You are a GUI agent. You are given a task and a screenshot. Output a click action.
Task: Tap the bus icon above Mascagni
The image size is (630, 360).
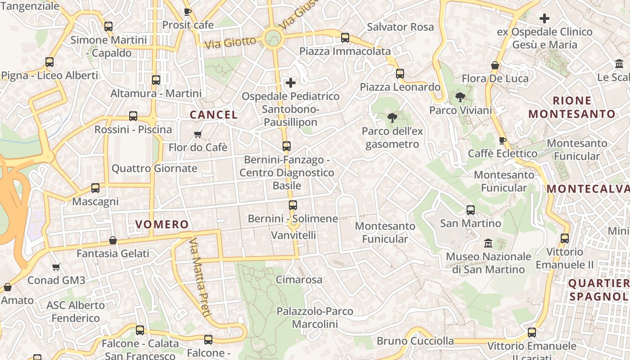95,188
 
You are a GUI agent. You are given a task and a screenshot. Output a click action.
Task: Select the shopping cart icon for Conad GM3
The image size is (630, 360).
56,267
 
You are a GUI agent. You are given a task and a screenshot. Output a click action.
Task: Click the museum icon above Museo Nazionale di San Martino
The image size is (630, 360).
488,243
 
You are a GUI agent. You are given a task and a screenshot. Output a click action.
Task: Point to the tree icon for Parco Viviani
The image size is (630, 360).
460,97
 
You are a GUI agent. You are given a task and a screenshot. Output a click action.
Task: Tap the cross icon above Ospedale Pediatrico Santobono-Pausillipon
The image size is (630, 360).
291,83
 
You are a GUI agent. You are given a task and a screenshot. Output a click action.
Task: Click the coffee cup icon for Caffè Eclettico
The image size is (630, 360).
503,140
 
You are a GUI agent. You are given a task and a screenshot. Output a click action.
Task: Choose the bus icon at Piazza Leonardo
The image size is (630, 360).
400,74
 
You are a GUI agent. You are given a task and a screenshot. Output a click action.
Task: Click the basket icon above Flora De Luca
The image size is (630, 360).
495,66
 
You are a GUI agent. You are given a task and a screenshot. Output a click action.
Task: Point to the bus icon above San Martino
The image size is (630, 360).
471,210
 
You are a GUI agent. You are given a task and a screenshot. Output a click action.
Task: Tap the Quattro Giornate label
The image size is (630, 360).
154,169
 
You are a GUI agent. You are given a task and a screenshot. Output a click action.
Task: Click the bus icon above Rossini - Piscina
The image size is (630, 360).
133,116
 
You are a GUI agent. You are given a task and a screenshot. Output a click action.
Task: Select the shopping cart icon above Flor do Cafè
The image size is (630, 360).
198,134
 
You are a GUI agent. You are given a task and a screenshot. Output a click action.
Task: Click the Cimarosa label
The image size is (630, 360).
299,280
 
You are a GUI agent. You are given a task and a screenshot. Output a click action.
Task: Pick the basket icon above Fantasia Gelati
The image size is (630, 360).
113,240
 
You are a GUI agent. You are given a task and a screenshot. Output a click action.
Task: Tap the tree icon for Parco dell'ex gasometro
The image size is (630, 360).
392,118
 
